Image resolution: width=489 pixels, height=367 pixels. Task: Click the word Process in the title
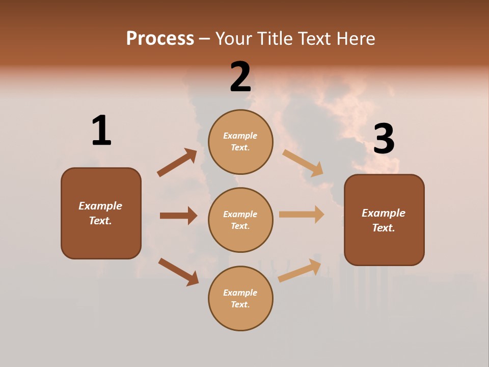[x=160, y=38]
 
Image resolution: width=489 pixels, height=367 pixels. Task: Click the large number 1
[x=101, y=131]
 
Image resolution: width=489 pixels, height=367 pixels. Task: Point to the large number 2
[x=240, y=77]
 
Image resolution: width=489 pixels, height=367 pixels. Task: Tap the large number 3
[x=384, y=139]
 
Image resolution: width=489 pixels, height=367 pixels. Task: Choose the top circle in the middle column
[x=240, y=142]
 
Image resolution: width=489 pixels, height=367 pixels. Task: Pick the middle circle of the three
[x=240, y=220]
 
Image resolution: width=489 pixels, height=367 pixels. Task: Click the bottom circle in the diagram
[x=240, y=298]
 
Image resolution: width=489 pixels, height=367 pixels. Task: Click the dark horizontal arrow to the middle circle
[x=179, y=216]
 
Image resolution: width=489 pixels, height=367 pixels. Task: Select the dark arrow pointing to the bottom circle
[x=178, y=272]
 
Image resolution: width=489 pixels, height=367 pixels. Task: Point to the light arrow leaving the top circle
[x=303, y=163]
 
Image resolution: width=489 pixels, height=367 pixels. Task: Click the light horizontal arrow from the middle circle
[x=302, y=214]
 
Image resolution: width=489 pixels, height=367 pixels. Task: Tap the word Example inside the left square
[x=100, y=206]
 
